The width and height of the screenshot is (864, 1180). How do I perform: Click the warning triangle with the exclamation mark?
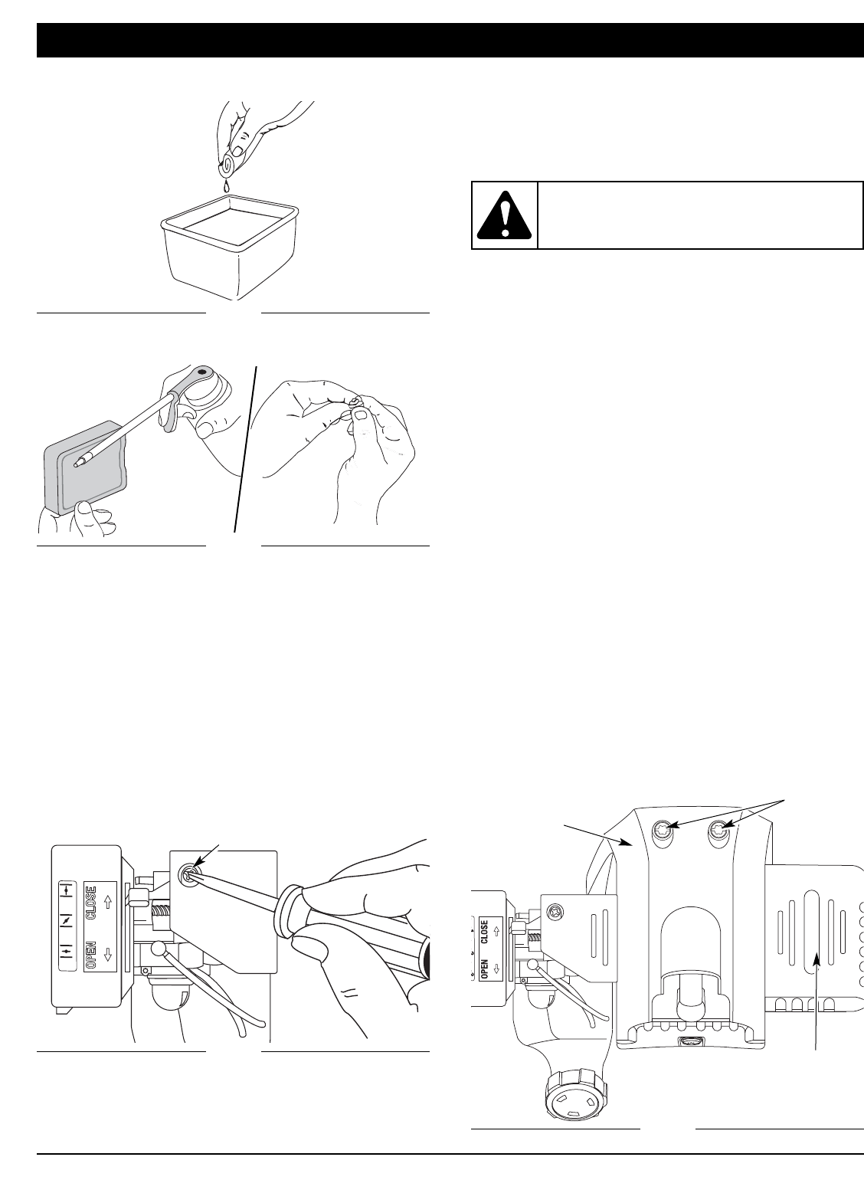(504, 215)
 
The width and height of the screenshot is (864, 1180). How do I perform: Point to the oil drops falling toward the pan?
(227, 186)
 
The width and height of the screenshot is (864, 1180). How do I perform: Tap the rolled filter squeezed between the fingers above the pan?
(227, 164)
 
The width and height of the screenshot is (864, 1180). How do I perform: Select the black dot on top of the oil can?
(201, 371)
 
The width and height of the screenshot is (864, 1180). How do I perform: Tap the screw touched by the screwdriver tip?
(186, 873)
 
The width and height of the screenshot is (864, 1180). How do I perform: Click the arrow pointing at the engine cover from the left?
(597, 834)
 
